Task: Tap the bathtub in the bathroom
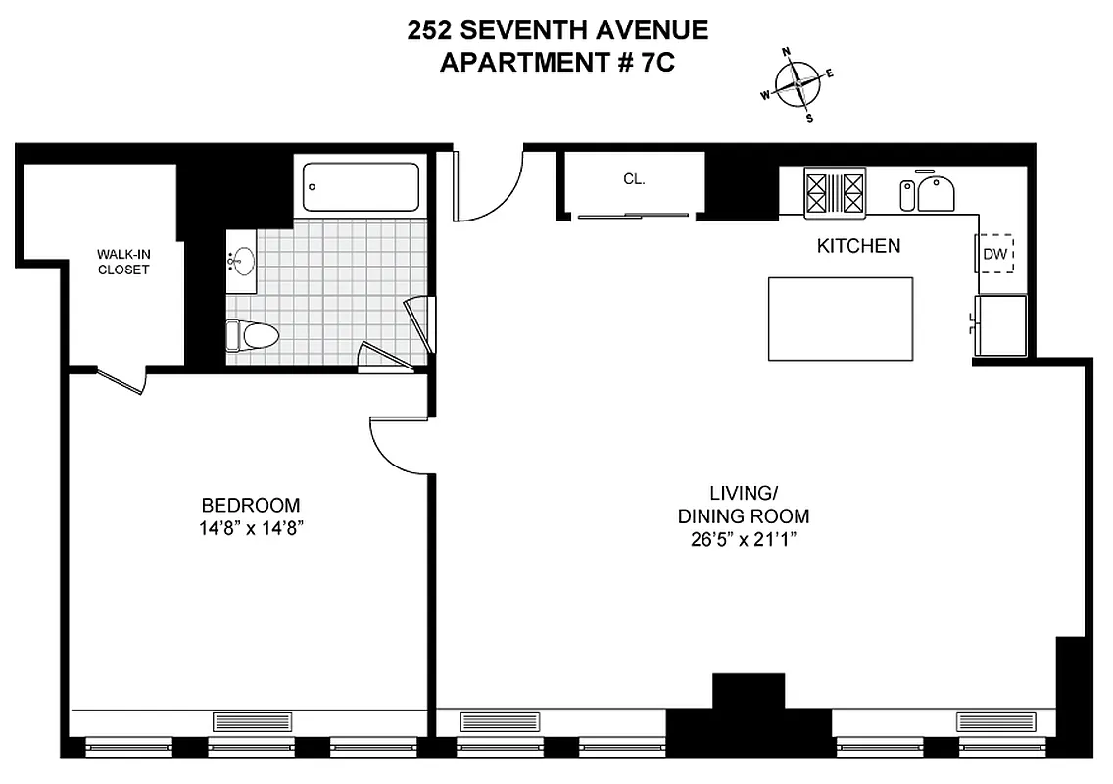(x=361, y=186)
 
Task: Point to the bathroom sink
(x=241, y=262)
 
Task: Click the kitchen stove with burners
(x=836, y=191)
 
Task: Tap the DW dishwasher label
(x=995, y=254)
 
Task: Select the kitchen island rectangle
(x=840, y=318)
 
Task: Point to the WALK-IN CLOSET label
(x=123, y=262)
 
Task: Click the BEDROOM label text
(x=251, y=506)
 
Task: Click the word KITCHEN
(x=858, y=246)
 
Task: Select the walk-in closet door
(x=122, y=381)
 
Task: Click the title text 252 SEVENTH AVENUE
(x=556, y=30)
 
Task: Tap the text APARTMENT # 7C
(x=556, y=63)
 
